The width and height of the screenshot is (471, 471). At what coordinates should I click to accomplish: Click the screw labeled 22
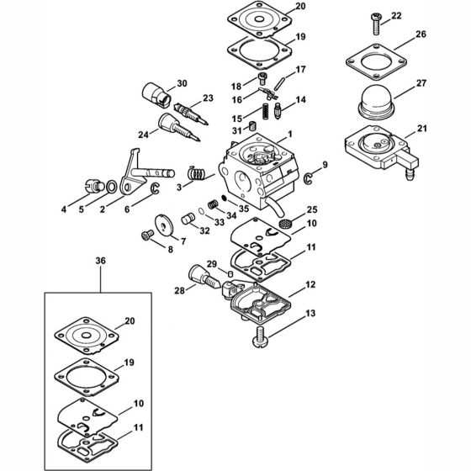[x=376, y=24]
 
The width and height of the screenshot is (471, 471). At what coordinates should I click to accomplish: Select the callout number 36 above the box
[x=101, y=261]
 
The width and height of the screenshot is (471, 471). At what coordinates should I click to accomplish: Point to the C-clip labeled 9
[x=308, y=178]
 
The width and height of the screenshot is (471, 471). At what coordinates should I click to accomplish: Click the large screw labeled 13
[x=260, y=337]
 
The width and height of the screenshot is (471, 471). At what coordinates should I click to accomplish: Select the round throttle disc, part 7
[x=164, y=225]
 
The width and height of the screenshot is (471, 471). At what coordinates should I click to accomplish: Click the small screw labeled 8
[x=147, y=235]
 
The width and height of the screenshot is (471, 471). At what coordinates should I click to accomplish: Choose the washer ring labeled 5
[x=111, y=187]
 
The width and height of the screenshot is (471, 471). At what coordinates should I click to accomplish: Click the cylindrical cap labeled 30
[x=156, y=94]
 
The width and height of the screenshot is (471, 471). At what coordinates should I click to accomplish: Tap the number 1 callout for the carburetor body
[x=290, y=134]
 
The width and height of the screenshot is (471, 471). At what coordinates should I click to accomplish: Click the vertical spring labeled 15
[x=265, y=111]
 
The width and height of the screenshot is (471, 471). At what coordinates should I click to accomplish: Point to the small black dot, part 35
[x=224, y=198]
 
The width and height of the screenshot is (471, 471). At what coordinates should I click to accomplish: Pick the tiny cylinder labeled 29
[x=230, y=274]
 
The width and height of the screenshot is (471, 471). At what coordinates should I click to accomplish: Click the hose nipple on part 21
[x=410, y=174]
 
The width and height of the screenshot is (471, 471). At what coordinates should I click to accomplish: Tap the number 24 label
[x=143, y=135]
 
